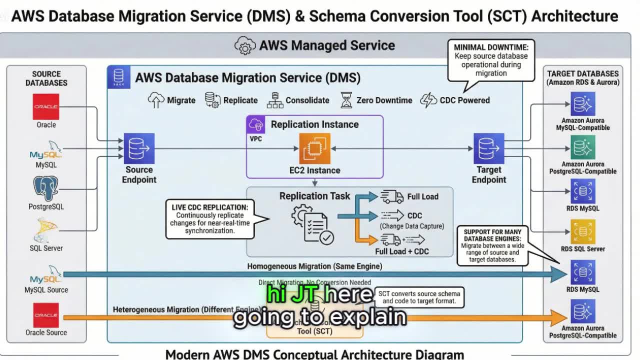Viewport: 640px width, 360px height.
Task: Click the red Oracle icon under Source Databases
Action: click(46, 106)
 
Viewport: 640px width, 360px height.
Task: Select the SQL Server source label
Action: click(46, 248)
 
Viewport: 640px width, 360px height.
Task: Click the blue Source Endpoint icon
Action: click(139, 148)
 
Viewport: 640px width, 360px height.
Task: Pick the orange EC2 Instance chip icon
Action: click(315, 148)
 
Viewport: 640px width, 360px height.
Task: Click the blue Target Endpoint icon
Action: click(488, 148)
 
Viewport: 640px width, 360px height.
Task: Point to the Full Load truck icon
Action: click(392, 196)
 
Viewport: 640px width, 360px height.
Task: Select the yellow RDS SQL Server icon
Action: click(582, 231)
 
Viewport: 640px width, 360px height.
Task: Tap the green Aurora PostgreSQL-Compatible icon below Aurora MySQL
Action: click(582, 147)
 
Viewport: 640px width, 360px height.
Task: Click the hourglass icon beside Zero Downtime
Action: click(346, 100)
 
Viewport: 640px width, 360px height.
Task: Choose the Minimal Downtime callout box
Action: click(491, 60)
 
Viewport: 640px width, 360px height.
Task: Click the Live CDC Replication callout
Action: click(209, 219)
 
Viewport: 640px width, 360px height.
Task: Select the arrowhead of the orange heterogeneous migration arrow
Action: click(558, 317)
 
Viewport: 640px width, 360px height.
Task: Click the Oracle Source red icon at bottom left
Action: click(46, 315)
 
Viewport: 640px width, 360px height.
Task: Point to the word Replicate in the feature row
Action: click(240, 100)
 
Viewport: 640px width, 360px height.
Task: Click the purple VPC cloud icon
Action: click(256, 124)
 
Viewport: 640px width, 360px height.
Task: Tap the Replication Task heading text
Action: click(314, 196)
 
